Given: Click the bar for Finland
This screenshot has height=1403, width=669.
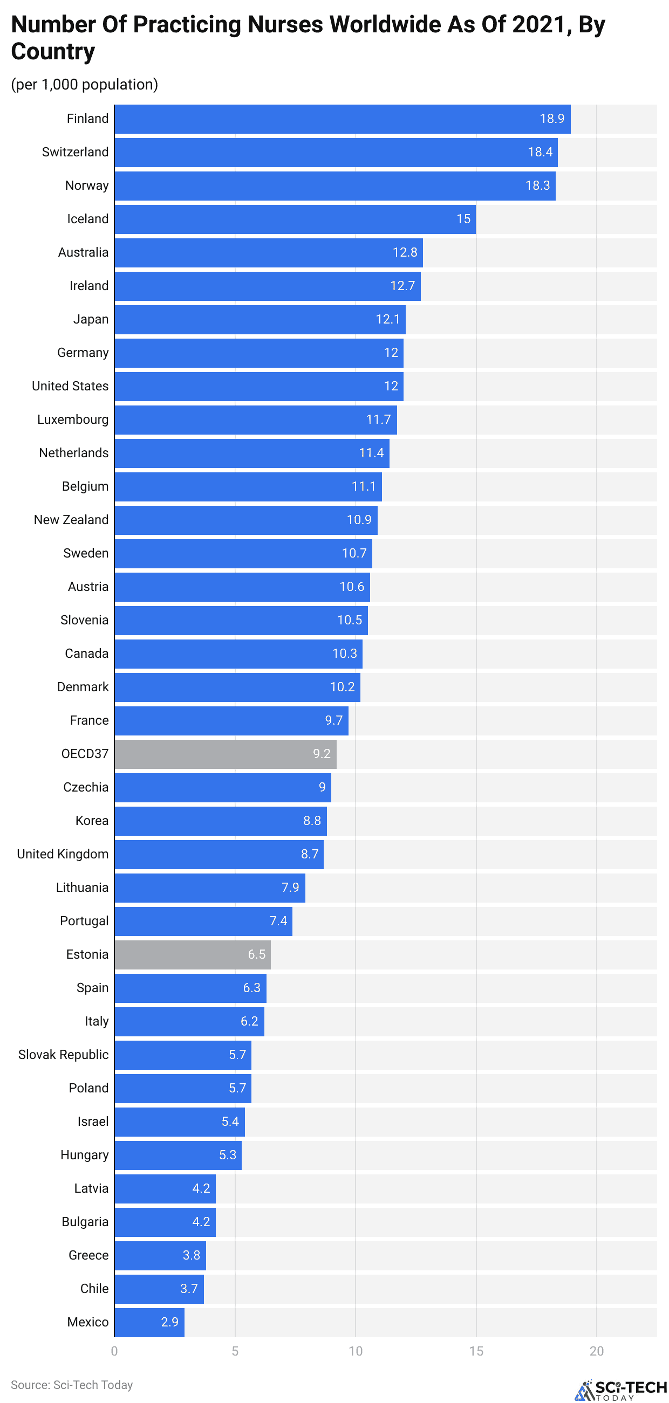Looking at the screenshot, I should [x=342, y=119].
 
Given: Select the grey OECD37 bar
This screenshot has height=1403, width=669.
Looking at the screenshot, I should [x=225, y=754].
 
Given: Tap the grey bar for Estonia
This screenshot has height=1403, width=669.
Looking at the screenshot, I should [x=192, y=954].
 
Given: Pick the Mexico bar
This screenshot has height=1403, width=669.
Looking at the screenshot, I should [x=149, y=1322].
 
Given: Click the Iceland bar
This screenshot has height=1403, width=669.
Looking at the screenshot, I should [x=295, y=219].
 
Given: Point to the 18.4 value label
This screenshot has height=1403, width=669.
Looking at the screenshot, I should [x=540, y=153].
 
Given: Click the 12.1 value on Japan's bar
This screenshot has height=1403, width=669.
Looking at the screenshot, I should [x=387, y=319].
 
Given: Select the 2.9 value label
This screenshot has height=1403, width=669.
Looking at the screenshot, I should [x=169, y=1322].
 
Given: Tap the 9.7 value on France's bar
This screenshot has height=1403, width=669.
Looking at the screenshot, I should [x=333, y=720].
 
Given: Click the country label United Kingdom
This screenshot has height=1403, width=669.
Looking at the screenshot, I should [x=63, y=854].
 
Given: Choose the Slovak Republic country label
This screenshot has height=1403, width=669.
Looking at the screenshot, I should [x=63, y=1055].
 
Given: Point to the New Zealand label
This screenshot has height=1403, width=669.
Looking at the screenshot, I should [x=71, y=520].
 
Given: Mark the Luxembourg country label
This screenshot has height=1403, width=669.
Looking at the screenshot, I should [x=72, y=419].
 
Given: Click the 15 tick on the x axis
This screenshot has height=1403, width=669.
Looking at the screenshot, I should [x=476, y=1351].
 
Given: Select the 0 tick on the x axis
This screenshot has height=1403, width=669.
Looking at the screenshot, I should [x=114, y=1351].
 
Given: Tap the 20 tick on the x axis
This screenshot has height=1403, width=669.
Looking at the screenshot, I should [x=596, y=1351].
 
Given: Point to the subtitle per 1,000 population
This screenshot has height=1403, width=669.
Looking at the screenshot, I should [x=85, y=85].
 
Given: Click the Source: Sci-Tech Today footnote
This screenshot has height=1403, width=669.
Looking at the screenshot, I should [x=71, y=1385].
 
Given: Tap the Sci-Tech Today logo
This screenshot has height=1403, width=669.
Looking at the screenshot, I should [x=620, y=1390].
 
